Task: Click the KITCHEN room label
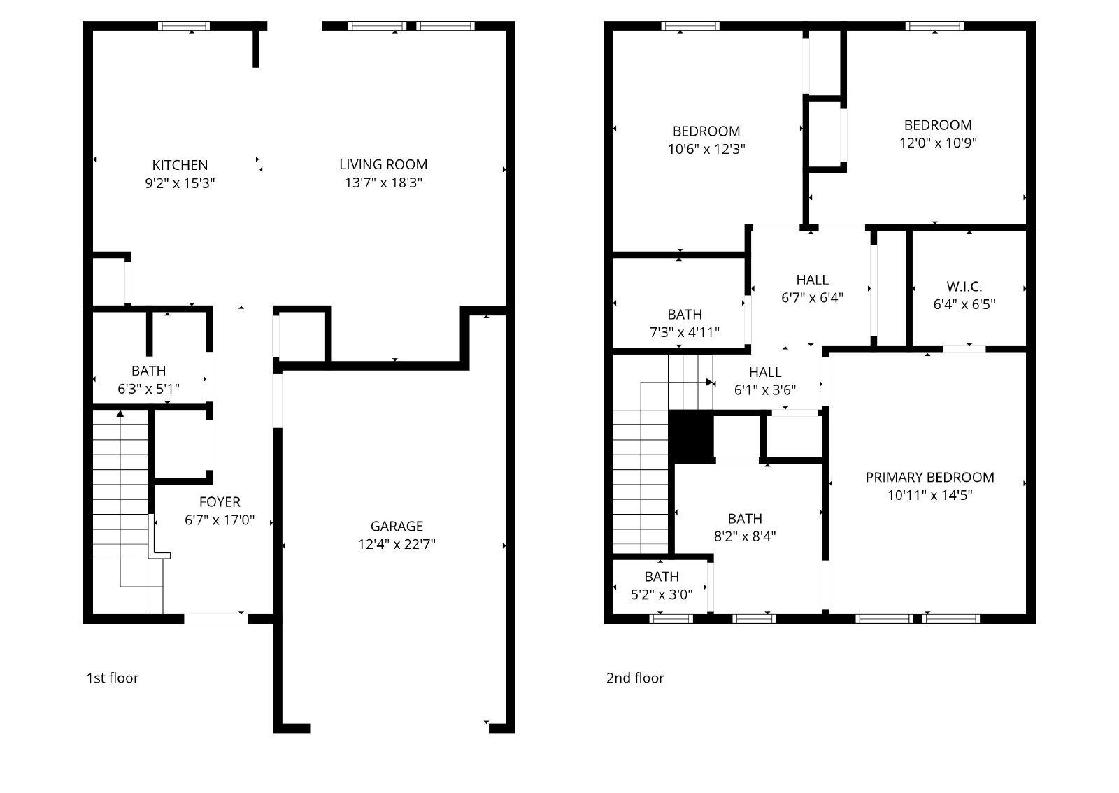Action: pyautogui.click(x=180, y=165)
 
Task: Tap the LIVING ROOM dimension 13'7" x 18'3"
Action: pyautogui.click(x=383, y=183)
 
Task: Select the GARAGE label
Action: pyautogui.click(x=397, y=526)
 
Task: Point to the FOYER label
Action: pyautogui.click(x=220, y=501)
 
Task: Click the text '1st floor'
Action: pyautogui.click(x=112, y=678)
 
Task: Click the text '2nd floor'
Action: pyautogui.click(x=634, y=678)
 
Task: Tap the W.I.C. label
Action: pyautogui.click(x=964, y=286)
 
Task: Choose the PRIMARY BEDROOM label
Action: pyautogui.click(x=929, y=477)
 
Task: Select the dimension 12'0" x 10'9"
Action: pyautogui.click(x=937, y=143)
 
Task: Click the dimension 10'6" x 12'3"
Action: pyautogui.click(x=706, y=149)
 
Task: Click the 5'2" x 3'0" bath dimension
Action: pyautogui.click(x=661, y=594)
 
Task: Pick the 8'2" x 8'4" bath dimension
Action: pyautogui.click(x=745, y=536)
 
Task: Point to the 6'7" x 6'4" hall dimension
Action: pyautogui.click(x=812, y=297)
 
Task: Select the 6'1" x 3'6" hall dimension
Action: pyautogui.click(x=764, y=390)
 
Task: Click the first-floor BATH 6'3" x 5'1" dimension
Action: pyautogui.click(x=149, y=388)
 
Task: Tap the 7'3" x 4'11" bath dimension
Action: pyautogui.click(x=684, y=332)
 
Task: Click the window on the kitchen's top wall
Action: pyautogui.click(x=184, y=27)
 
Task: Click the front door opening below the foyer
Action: pyautogui.click(x=215, y=618)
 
